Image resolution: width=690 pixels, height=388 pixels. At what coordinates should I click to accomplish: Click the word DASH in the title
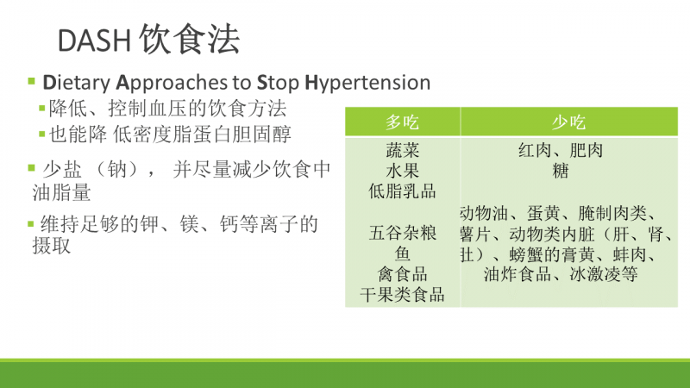click(x=95, y=41)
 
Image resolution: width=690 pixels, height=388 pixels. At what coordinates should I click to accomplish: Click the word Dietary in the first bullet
click(x=77, y=83)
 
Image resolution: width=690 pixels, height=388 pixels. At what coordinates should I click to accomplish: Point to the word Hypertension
click(x=367, y=83)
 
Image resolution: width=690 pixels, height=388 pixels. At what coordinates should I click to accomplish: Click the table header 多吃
click(x=402, y=122)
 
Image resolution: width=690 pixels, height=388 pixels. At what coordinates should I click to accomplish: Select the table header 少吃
click(x=568, y=122)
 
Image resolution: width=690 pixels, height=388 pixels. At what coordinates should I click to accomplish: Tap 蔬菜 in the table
click(x=402, y=150)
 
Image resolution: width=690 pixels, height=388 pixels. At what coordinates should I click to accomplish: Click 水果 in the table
click(x=402, y=171)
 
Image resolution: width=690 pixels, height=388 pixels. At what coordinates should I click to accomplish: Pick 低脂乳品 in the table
click(x=402, y=191)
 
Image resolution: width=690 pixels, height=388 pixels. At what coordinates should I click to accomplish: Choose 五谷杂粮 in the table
click(x=402, y=233)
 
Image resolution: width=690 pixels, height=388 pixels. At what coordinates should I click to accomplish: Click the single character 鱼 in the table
click(x=402, y=253)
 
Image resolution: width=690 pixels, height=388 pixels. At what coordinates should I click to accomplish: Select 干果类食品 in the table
click(x=402, y=295)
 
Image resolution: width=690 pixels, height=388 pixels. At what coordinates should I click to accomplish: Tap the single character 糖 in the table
click(x=560, y=171)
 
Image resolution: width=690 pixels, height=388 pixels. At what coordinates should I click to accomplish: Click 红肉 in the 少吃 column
click(x=535, y=150)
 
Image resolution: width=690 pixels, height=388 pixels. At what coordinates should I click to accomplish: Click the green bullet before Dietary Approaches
click(x=31, y=81)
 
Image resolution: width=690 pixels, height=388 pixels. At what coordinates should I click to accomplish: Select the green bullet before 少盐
click(x=31, y=167)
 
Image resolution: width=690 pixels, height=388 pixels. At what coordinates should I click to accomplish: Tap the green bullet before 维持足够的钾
click(x=31, y=224)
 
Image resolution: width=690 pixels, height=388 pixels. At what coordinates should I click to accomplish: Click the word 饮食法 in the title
click(x=190, y=40)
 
